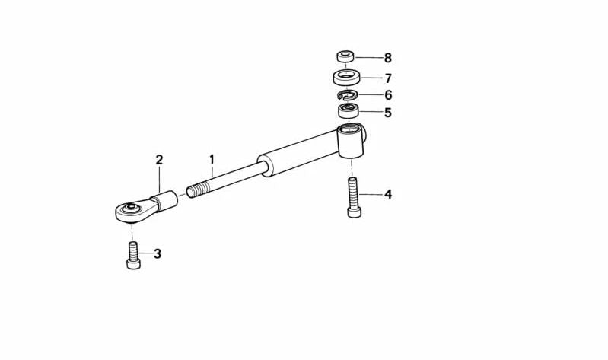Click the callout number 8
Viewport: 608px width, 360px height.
(x=388, y=58)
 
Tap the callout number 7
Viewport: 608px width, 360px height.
(x=388, y=78)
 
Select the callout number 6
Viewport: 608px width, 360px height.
(x=388, y=95)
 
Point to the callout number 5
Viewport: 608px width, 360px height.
(x=388, y=113)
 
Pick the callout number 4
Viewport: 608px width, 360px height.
(x=388, y=194)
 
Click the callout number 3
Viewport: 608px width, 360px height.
(x=157, y=254)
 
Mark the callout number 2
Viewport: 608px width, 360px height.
(x=159, y=160)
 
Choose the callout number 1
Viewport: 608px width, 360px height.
(x=212, y=159)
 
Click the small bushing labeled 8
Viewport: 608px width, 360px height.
(x=345, y=56)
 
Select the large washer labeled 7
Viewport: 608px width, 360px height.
(x=346, y=77)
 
